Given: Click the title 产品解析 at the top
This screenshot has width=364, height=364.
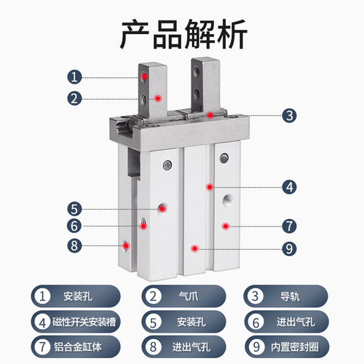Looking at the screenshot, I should tap(182, 32).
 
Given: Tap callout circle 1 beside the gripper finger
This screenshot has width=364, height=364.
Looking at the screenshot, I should tap(74, 76).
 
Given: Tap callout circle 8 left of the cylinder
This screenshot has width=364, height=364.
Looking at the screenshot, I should tap(74, 245).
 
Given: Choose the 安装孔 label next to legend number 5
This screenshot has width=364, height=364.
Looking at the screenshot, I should tap(191, 320).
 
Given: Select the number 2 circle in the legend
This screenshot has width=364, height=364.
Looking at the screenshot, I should tap(154, 296).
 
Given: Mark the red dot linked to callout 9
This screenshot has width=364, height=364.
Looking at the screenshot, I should tap(194, 248).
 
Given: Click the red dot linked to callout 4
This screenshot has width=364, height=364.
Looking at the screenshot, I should tap(209, 186).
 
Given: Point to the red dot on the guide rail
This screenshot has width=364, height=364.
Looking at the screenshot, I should tap(209, 114).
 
